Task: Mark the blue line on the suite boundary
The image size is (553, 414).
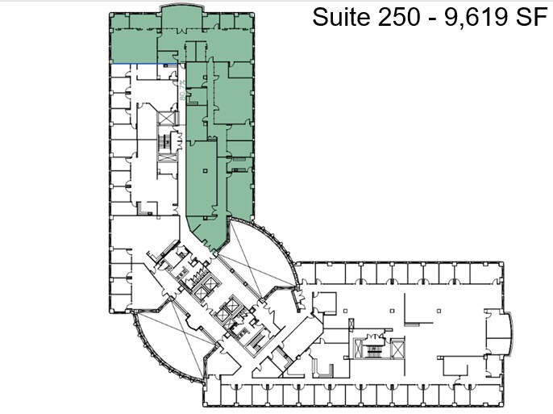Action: coord(134,64)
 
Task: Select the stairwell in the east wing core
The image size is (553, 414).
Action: coord(374,349)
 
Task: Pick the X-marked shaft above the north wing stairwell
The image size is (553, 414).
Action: coord(167,119)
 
